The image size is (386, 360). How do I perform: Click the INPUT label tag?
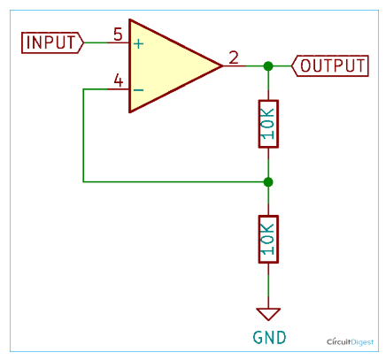[x=52, y=42]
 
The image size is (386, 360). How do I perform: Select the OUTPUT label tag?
[x=330, y=65]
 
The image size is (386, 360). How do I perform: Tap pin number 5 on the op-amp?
[x=118, y=34]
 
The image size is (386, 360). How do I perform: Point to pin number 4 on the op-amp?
[x=119, y=80]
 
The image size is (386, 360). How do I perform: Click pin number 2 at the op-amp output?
[x=234, y=57]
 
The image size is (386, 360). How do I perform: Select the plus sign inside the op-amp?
[x=138, y=44]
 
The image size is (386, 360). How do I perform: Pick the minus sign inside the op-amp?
[x=138, y=89]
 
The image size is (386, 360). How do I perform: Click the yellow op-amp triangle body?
[x=166, y=66]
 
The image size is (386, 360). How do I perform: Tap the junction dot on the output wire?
[x=268, y=66]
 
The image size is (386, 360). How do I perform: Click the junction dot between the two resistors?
[x=268, y=182]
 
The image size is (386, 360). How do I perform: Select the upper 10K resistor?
[x=268, y=124]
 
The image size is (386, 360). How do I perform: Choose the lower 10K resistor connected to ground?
[x=268, y=239]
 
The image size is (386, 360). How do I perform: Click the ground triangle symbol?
[x=268, y=313]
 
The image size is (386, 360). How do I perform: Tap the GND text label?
[x=269, y=338]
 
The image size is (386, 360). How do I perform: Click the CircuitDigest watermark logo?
[x=350, y=342]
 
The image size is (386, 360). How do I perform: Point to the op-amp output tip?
[x=222, y=66]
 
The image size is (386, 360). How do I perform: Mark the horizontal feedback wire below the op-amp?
[x=175, y=182]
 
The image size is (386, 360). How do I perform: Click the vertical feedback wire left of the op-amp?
[x=83, y=135]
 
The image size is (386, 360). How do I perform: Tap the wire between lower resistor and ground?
[x=268, y=286]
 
